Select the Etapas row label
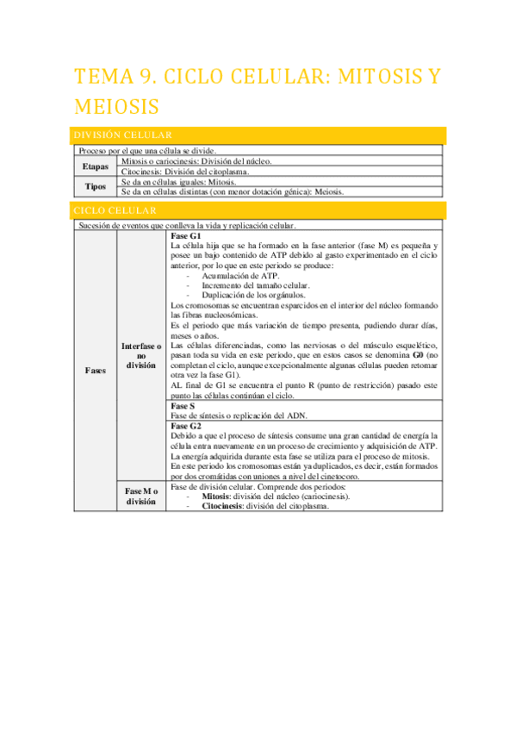pyautogui.click(x=96, y=166)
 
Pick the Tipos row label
pyautogui.click(x=96, y=187)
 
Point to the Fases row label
pyautogui.click(x=96, y=370)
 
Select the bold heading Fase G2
pyautogui.click(x=187, y=426)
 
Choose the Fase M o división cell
pyautogui.click(x=141, y=496)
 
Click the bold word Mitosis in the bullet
pyautogui.click(x=216, y=497)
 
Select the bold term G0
pyautogui.click(x=418, y=354)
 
